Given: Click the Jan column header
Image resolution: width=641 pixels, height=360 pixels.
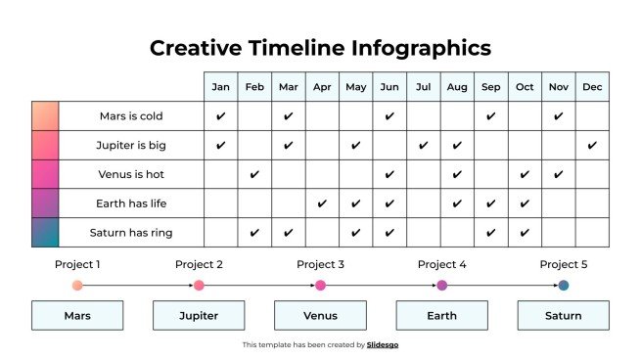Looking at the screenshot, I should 220,87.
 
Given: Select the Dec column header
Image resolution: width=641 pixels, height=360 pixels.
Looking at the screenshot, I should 592,87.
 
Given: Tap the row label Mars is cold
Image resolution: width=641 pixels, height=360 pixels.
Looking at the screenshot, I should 131,116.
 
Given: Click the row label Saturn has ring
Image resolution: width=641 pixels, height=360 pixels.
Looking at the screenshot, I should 131,233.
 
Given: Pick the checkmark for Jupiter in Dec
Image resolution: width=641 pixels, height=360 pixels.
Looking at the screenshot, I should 592,146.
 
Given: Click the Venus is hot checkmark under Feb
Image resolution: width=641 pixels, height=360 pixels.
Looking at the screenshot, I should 254,175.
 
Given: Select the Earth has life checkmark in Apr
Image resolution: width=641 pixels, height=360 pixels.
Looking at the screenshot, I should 322,203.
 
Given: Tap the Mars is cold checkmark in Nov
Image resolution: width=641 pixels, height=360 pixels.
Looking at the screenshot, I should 558,116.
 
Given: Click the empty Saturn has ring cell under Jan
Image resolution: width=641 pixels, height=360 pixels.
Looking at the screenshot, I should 220,233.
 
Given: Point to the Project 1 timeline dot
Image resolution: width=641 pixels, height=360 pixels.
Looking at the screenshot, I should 77,286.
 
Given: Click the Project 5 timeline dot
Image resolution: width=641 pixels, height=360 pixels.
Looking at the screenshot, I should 564,286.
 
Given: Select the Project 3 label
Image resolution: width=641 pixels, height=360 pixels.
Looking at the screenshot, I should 320,264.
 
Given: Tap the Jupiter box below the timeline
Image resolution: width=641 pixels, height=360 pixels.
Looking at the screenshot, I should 199,316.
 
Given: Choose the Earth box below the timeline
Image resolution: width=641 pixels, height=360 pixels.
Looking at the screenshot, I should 441,316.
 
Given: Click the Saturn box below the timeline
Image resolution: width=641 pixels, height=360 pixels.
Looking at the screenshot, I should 563,316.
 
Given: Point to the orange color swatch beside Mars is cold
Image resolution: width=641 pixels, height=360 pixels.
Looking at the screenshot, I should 45,116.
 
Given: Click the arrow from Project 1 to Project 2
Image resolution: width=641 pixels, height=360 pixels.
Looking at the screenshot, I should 137,286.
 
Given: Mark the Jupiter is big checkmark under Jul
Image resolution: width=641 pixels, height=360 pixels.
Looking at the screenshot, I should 423,146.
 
